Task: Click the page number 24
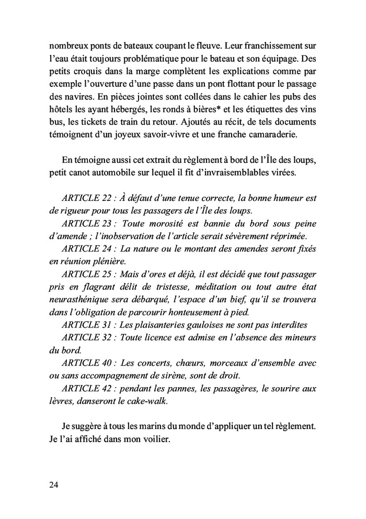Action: click(52, 484)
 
